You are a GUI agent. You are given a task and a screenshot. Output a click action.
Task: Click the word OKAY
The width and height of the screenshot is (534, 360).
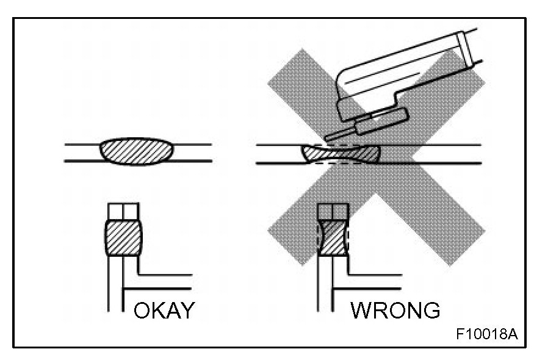[164, 311]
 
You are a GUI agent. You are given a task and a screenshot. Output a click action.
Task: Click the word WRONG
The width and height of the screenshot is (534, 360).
[395, 311]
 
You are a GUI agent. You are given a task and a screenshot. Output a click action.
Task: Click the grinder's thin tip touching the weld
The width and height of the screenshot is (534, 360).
[334, 135]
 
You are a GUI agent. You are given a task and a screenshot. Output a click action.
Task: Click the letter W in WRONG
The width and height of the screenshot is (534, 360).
[362, 311]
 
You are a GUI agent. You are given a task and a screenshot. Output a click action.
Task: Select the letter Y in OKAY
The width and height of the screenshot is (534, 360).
[186, 311]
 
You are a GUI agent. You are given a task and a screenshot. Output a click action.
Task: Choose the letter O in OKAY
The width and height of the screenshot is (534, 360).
[143, 311]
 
